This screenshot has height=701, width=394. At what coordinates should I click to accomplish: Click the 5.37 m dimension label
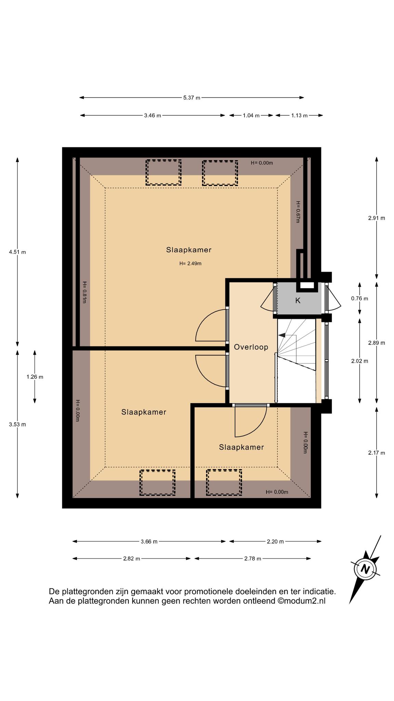[x=192, y=98]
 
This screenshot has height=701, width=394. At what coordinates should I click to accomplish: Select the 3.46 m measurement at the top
[x=153, y=115]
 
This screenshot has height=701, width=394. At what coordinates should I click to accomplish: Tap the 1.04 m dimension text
[x=251, y=115]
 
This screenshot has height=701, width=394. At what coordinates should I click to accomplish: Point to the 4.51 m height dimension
[x=17, y=252]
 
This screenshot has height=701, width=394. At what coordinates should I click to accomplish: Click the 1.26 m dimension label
[x=35, y=377]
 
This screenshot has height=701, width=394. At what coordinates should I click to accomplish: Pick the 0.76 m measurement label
[x=360, y=298]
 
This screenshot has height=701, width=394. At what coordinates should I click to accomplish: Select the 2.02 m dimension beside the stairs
[x=360, y=361]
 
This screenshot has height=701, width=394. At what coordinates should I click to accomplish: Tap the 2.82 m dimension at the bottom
[x=132, y=559]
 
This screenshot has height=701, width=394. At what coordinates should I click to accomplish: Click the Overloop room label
[x=251, y=347]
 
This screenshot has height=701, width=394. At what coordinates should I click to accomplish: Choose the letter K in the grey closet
[x=298, y=301]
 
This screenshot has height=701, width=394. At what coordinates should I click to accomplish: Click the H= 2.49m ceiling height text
[x=191, y=264]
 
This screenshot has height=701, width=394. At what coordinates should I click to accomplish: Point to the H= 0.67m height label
[x=298, y=212]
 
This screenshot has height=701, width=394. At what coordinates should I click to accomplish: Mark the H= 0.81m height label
[x=84, y=292]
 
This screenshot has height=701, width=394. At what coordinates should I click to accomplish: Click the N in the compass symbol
[x=366, y=569]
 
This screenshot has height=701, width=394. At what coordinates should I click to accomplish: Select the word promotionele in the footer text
[x=208, y=591]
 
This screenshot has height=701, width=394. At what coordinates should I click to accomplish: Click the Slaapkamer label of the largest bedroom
[x=189, y=250]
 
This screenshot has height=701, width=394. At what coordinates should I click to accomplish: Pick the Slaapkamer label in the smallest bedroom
[x=241, y=447]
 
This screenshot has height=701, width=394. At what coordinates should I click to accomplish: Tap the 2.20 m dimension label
[x=275, y=541]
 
